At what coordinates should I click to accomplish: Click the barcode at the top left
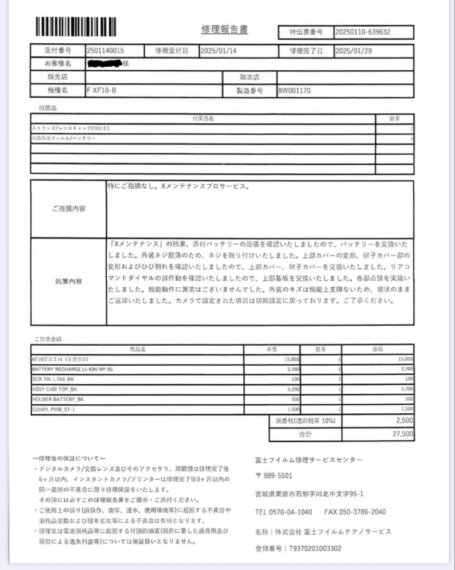pyautogui.click(x=76, y=26)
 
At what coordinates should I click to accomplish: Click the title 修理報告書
pyautogui.click(x=224, y=30)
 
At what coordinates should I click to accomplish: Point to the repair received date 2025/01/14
pyautogui.click(x=219, y=51)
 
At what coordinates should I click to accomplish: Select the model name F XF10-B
pyautogui.click(x=101, y=90)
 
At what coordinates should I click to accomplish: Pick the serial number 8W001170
pyautogui.click(x=294, y=90)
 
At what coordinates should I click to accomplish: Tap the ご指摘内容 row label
pyautogui.click(x=69, y=208)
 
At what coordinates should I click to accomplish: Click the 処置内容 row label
pyautogui.click(x=69, y=281)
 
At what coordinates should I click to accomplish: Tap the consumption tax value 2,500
pyautogui.click(x=404, y=421)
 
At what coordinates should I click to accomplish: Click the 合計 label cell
pyautogui.click(x=305, y=434)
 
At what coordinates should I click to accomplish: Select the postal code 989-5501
pyautogui.click(x=277, y=476)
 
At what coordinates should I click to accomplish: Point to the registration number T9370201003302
pyautogui.click(x=314, y=548)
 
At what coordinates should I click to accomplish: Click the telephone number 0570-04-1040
pyautogui.click(x=291, y=511)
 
